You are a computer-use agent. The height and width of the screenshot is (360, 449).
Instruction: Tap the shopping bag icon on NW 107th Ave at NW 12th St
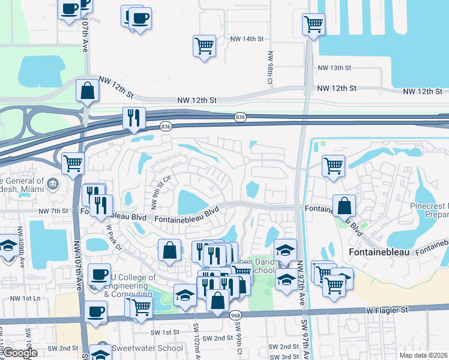coord(88,91)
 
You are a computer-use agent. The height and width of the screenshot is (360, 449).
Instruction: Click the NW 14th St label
coord(247,39)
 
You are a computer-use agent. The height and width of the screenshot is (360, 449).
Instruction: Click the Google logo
coord(19,353)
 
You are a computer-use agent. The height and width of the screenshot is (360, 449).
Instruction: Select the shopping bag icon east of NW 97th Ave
coord(345,206)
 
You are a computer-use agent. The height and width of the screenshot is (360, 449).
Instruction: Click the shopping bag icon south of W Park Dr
coord(170,251)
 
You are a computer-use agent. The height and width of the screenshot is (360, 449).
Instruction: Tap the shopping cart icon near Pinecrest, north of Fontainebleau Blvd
coord(333,166)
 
